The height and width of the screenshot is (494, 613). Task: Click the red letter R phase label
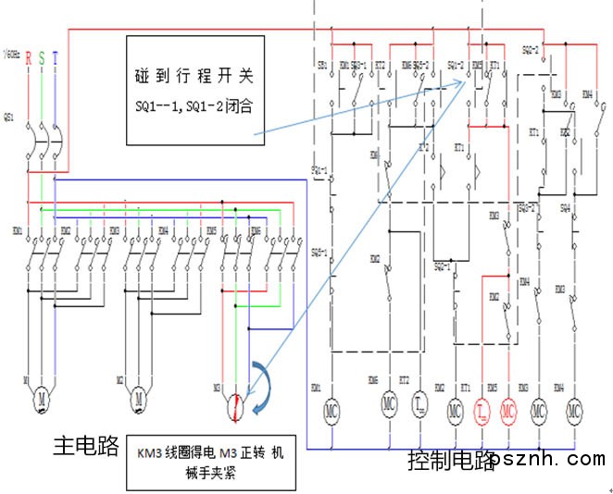pyautogui.click(x=29, y=57)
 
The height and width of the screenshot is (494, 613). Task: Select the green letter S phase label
pyautogui.click(x=42, y=57)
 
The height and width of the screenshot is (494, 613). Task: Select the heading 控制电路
pyautogui.click(x=450, y=460)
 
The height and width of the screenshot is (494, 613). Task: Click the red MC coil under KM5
pyautogui.click(x=507, y=408)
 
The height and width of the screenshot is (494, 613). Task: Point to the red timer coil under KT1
pyautogui.click(x=482, y=408)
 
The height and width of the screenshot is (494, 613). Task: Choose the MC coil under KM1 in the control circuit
pyautogui.click(x=332, y=408)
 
